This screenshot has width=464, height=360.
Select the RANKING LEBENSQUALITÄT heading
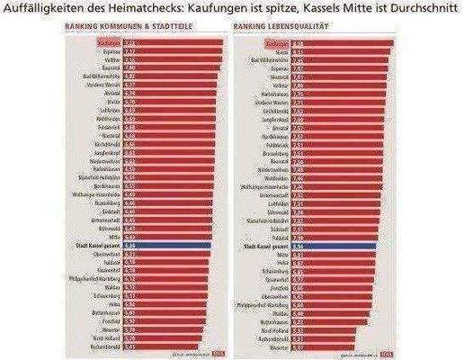click(x=273, y=27)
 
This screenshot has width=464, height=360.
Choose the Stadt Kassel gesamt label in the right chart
click(x=267, y=244)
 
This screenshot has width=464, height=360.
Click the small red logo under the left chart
click(x=204, y=354)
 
